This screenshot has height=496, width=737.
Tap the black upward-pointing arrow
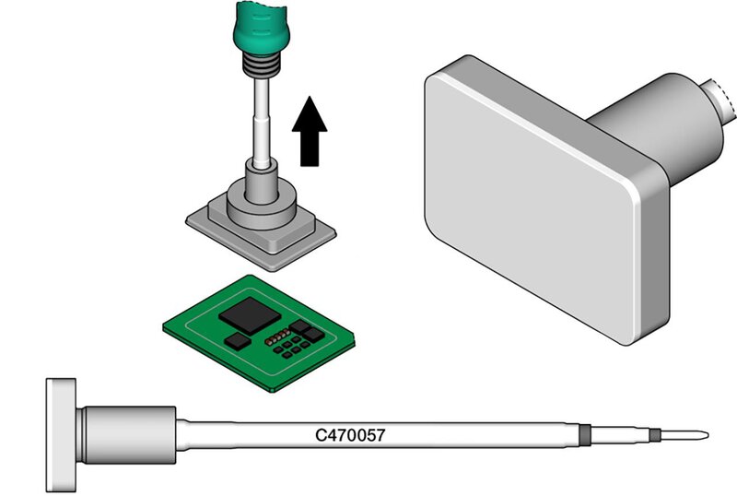tap(310, 131)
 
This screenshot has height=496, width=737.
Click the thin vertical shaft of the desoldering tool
tap(262, 124)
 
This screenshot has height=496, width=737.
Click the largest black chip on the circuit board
tap(250, 316)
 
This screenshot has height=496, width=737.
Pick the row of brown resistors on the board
tap(277, 337)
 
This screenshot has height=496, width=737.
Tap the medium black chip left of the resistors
tap(238, 341)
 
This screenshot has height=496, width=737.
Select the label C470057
tap(350, 435)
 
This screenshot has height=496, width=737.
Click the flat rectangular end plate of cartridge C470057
tap(61, 435)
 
